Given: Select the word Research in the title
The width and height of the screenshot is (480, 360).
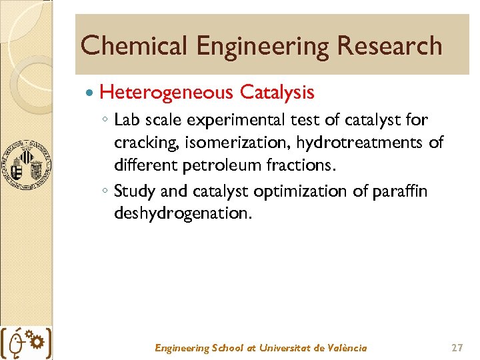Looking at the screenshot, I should [x=389, y=46].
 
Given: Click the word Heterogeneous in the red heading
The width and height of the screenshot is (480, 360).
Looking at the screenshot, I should [x=167, y=92].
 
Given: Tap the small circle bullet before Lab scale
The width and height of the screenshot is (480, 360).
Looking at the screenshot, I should [x=106, y=121].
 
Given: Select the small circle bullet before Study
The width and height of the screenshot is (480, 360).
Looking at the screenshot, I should [x=106, y=192].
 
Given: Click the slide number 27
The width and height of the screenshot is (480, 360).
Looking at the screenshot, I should [x=457, y=347].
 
